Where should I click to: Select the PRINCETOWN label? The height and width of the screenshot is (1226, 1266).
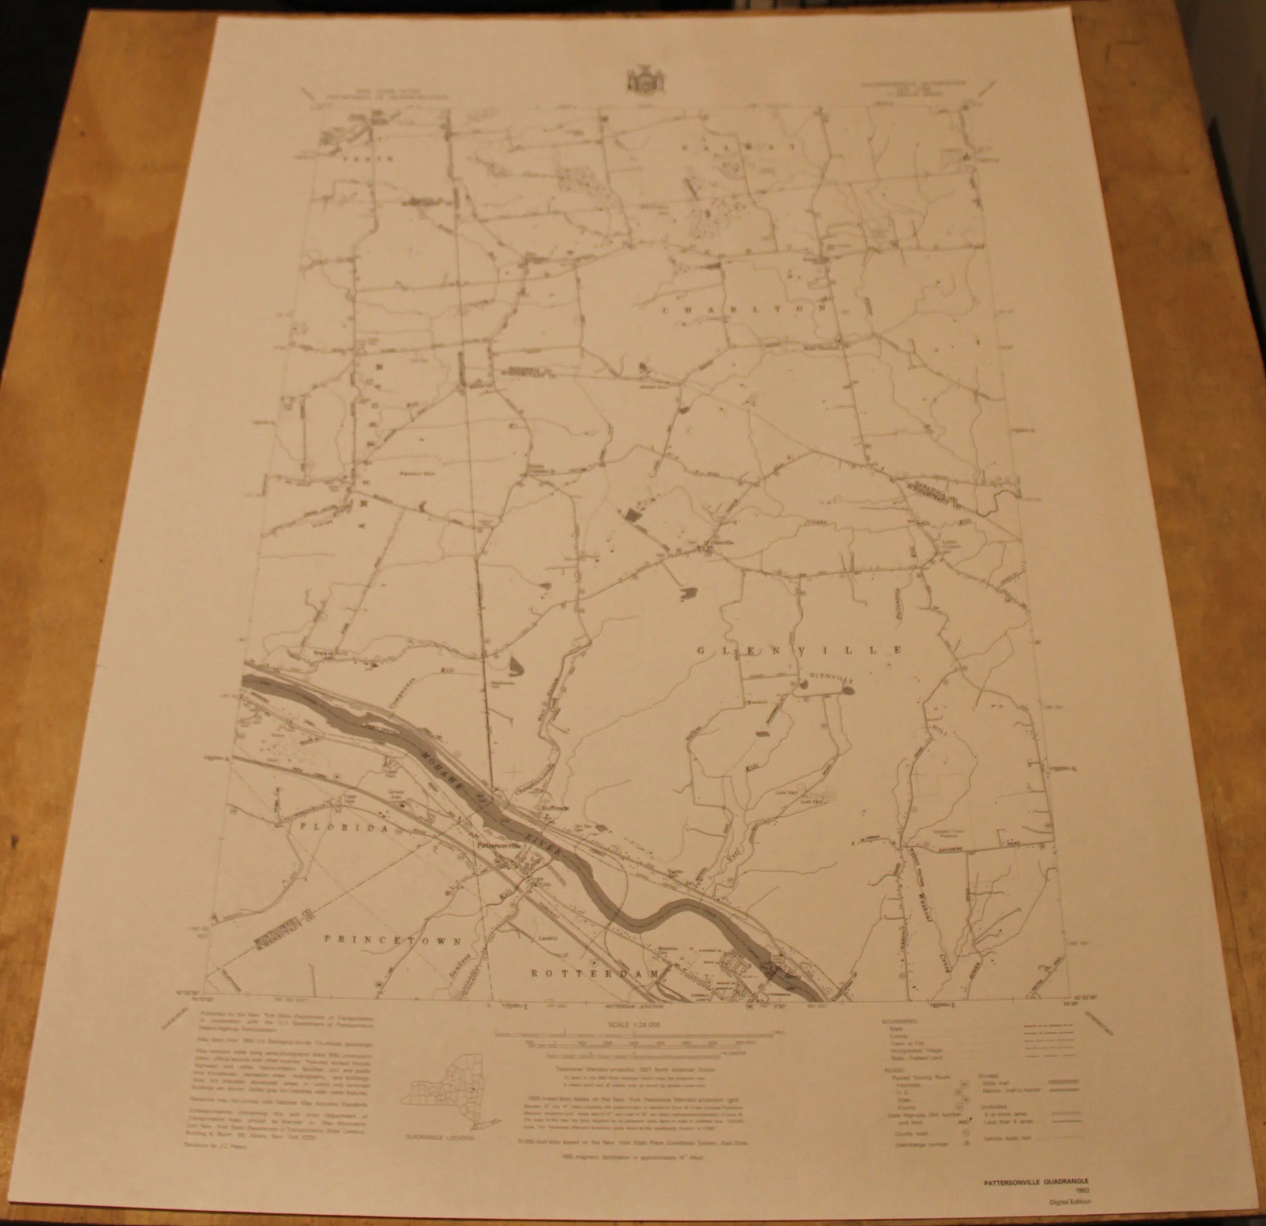click(392, 941)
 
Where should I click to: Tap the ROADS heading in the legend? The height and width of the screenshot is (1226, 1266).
click(893, 1069)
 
